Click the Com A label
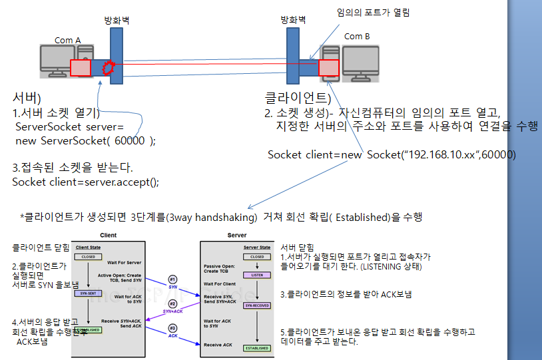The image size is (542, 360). click(68, 41)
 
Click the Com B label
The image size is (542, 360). click(357, 37)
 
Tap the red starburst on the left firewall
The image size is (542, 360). click(107, 67)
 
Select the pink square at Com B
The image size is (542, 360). click(328, 68)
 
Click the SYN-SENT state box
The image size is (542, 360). click(89, 293)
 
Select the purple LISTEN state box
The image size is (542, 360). click(256, 274)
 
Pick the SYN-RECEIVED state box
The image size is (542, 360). click(256, 305)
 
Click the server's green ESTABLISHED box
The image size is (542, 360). click(256, 348)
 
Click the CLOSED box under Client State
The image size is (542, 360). click(89, 257)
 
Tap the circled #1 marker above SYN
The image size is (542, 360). click(172, 279)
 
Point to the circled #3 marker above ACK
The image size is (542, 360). click(172, 327)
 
